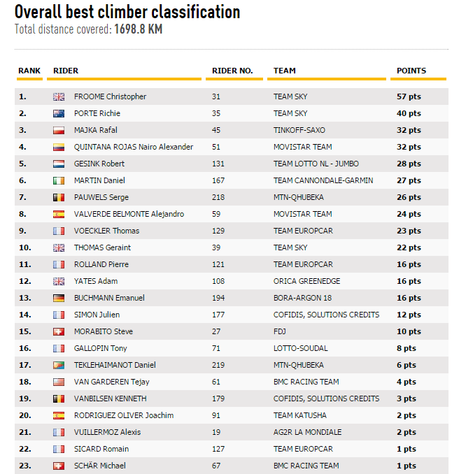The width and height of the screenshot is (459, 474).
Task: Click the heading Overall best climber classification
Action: tap(127, 12)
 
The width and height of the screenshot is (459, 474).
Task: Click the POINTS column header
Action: tap(411, 71)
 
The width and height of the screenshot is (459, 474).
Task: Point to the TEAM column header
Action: tap(284, 71)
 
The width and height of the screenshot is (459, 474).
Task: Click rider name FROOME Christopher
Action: tap(110, 96)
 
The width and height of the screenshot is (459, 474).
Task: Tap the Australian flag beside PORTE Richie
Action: tap(59, 113)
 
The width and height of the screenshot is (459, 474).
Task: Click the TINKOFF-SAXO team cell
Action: tap(299, 130)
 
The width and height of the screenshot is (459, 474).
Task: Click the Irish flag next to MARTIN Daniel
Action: tap(59, 180)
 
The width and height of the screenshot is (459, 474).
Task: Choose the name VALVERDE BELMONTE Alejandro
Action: tap(129, 214)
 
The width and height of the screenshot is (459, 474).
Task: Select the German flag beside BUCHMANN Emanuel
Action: tap(59, 298)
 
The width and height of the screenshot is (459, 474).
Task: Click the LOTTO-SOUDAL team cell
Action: tap(300, 348)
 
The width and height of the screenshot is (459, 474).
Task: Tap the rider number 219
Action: tap(218, 365)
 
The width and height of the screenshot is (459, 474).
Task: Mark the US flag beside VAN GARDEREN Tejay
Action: tap(59, 382)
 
